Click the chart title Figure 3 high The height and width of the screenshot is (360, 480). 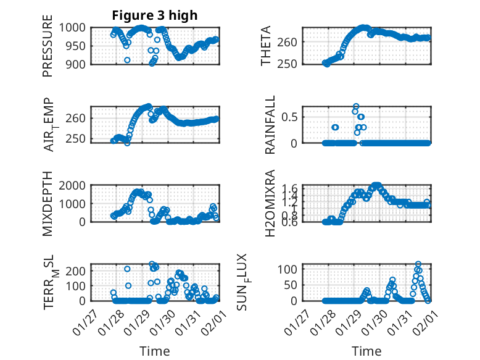tap(154, 15)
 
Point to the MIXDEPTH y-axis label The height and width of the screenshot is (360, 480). tap(48, 204)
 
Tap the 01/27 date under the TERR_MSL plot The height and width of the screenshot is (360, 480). tap(86, 321)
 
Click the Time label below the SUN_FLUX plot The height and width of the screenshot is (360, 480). tap(366, 351)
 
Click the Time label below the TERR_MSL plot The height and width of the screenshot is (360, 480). tap(155, 351)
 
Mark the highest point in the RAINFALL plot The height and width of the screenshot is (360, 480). tap(356, 106)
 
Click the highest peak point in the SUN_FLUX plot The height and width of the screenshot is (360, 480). tap(418, 264)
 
